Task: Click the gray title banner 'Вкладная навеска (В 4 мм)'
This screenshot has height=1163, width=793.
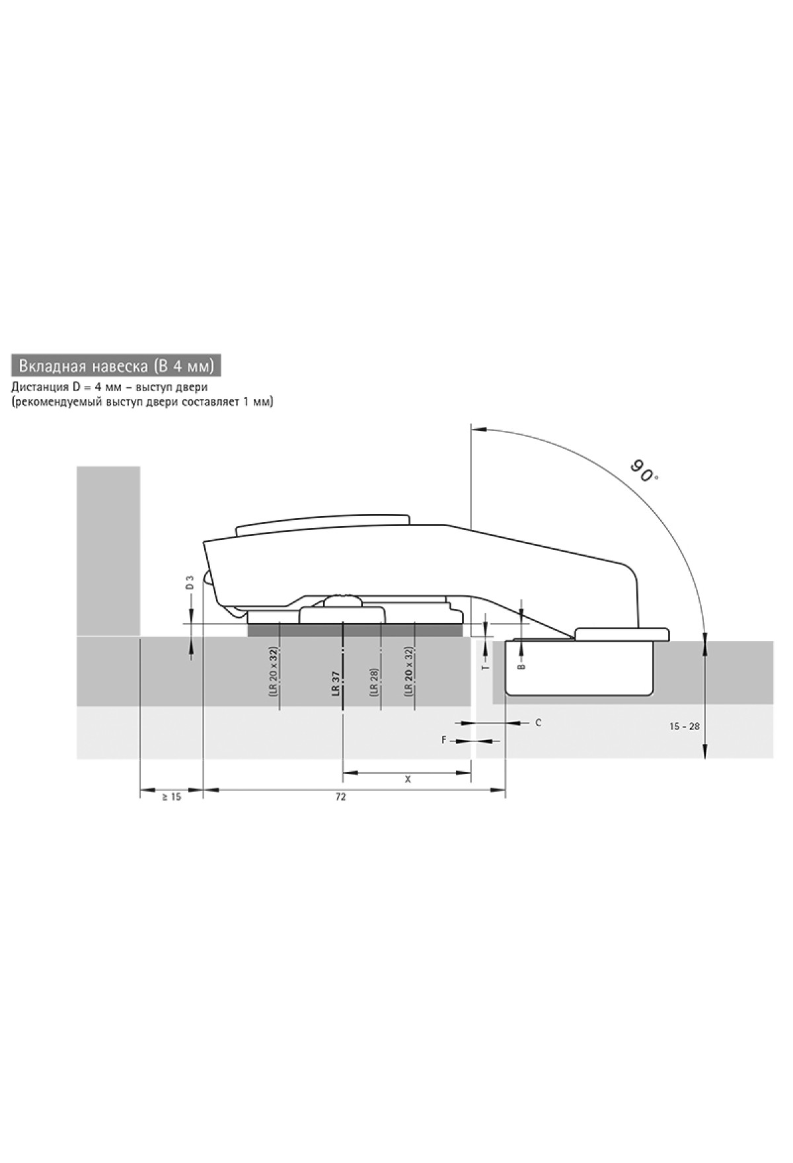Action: (x=116, y=365)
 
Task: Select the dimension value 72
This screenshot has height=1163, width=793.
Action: (x=340, y=797)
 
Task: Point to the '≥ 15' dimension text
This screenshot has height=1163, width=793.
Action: (x=171, y=797)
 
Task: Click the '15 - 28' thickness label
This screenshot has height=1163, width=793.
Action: (x=685, y=726)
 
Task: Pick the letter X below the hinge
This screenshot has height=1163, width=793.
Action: (x=408, y=780)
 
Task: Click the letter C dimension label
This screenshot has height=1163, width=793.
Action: (x=538, y=723)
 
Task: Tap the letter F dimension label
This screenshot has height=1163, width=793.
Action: (x=445, y=741)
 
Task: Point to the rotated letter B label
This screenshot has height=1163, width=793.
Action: (x=522, y=667)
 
